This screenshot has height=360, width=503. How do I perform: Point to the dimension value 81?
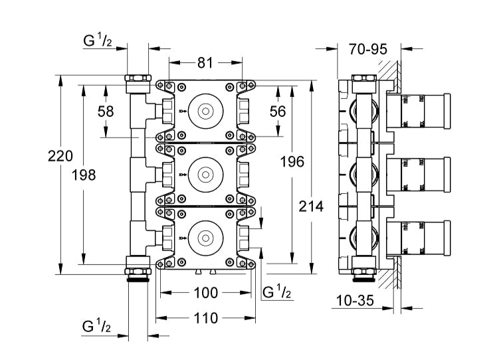[x=205, y=63]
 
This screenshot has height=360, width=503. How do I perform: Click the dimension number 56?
[x=278, y=111]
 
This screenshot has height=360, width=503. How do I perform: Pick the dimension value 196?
[x=292, y=161]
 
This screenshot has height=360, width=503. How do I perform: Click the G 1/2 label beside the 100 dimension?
[x=277, y=293]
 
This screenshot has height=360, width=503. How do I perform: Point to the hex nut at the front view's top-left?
[x=138, y=84]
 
